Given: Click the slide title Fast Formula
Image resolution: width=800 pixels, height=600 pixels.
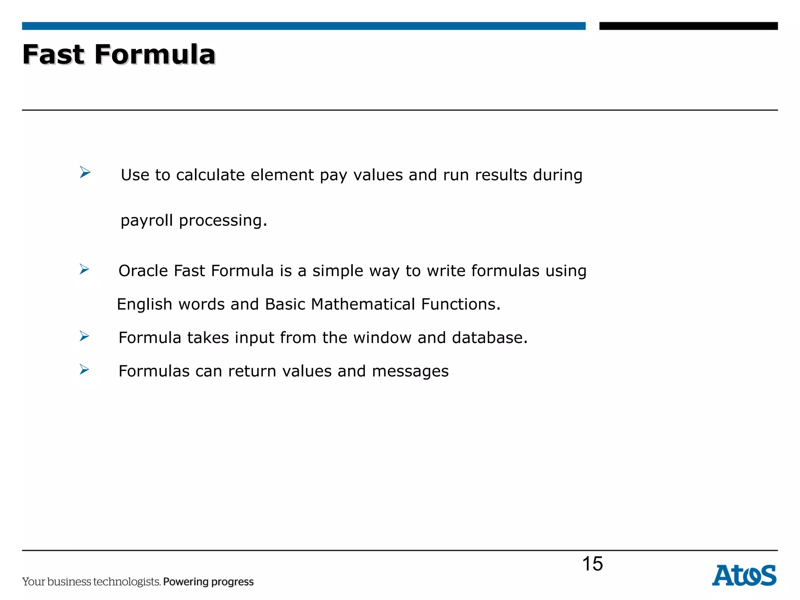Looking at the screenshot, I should click(x=119, y=54).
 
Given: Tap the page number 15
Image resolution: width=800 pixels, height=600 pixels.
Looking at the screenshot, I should click(x=592, y=564).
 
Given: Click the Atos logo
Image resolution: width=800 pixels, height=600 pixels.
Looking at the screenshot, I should click(x=744, y=575).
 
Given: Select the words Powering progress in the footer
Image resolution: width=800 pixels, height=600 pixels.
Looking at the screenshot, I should click(x=208, y=582).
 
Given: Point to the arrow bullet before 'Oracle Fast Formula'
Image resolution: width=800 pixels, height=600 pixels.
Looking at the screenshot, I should click(x=84, y=269).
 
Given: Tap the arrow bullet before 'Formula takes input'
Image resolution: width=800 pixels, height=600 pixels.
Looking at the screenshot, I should click(x=84, y=336).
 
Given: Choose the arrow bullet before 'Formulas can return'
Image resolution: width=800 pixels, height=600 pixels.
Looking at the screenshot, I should click(x=84, y=369).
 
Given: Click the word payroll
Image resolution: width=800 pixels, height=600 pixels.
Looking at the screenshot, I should click(x=146, y=221).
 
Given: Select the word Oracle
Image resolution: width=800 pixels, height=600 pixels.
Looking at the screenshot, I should click(x=143, y=271).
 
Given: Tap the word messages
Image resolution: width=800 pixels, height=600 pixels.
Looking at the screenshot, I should click(x=410, y=371).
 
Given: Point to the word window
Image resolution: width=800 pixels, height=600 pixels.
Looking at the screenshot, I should click(x=382, y=337).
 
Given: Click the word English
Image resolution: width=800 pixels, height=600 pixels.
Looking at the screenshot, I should click(x=144, y=304).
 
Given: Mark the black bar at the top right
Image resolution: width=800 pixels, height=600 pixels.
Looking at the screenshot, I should click(x=688, y=26).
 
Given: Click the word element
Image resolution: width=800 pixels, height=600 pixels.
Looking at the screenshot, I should click(x=282, y=175).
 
